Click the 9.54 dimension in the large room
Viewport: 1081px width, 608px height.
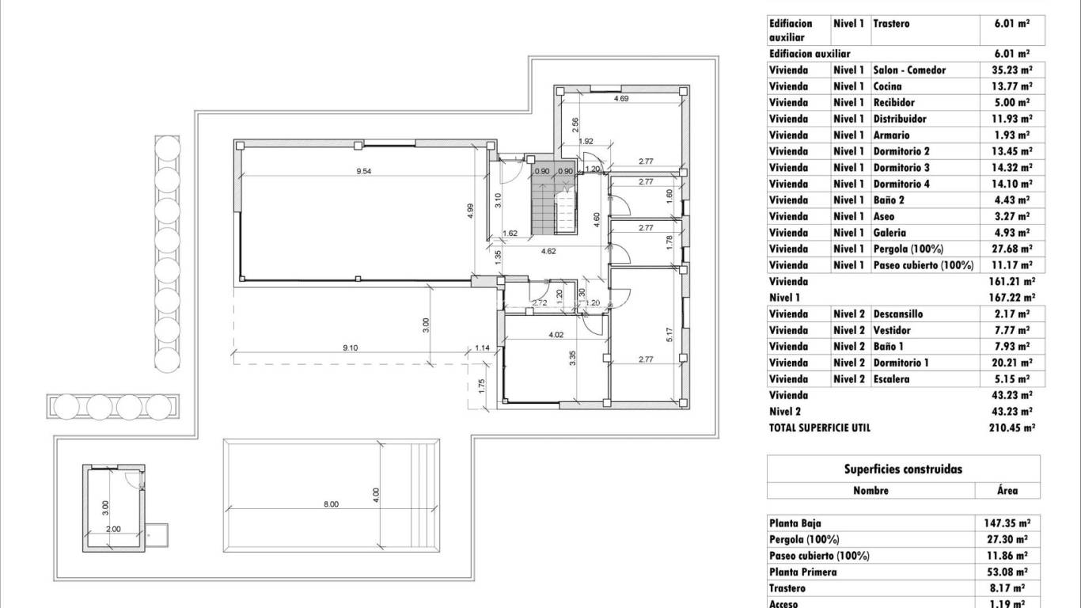tap(363, 171)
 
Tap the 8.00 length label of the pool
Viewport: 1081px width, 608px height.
tap(331, 504)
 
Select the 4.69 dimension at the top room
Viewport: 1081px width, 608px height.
tap(621, 99)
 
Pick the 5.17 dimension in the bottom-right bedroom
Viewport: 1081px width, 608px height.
tap(669, 335)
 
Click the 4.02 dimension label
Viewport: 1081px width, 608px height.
tap(556, 335)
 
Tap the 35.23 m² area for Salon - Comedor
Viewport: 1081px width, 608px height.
tap(1011, 70)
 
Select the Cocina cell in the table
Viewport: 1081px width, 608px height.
tap(887, 86)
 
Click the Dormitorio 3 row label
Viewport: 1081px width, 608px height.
tap(901, 168)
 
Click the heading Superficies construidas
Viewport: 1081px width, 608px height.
tap(903, 469)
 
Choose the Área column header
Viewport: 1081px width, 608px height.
tap(1007, 491)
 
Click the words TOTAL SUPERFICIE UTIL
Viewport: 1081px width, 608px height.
tap(819, 427)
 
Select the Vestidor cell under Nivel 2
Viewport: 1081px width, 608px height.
tap(892, 330)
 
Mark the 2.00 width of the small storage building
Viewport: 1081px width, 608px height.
tap(113, 529)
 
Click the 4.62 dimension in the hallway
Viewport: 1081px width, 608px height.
tap(549, 251)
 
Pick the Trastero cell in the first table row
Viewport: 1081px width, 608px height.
tap(891, 24)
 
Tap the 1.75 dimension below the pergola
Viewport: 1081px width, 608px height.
tap(481, 386)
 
